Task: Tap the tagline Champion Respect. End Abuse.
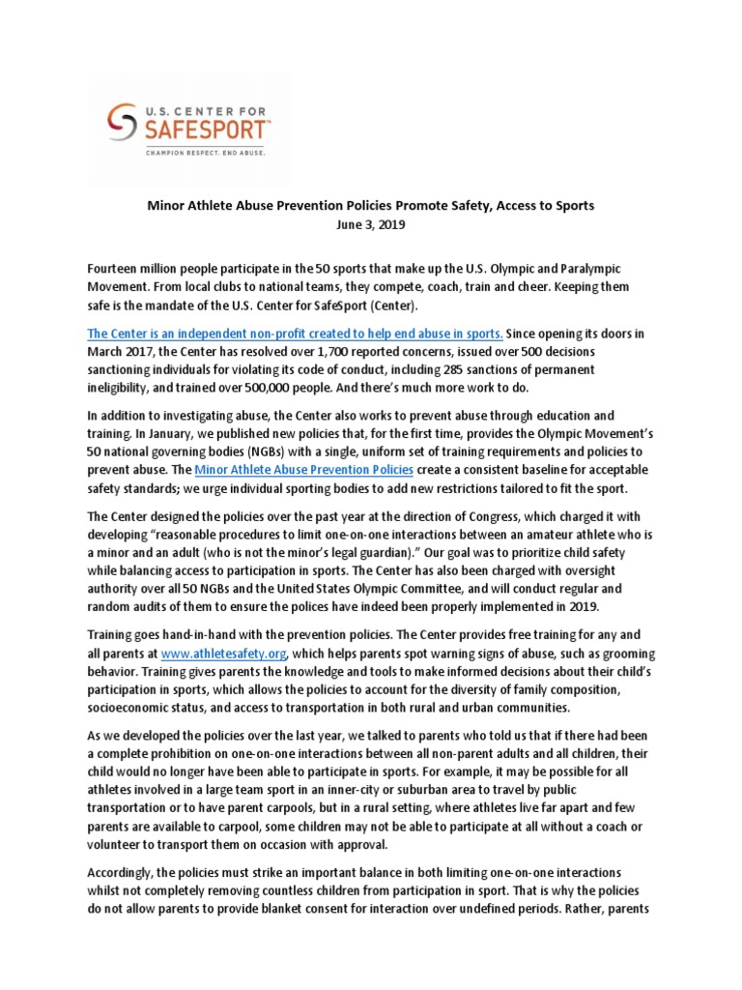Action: tap(205, 152)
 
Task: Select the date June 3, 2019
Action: tap(371, 224)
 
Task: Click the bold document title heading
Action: tap(371, 206)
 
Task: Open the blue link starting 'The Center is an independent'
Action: tap(295, 333)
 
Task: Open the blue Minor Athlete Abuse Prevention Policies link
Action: tap(303, 470)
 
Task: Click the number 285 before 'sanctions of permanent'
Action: tap(485, 369)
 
